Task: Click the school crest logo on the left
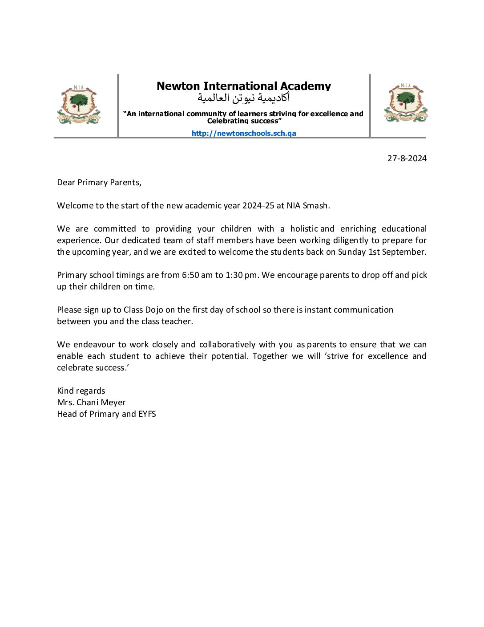click(x=79, y=105)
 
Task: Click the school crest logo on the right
click(x=405, y=103)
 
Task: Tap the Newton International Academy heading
click(x=244, y=86)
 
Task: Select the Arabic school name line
click(x=244, y=98)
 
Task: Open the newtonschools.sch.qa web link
click(x=244, y=133)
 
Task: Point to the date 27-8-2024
click(x=407, y=158)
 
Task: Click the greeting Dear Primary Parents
click(x=99, y=182)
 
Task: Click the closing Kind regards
click(x=81, y=391)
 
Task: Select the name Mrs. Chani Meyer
click(x=91, y=402)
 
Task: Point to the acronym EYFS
click(x=147, y=414)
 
